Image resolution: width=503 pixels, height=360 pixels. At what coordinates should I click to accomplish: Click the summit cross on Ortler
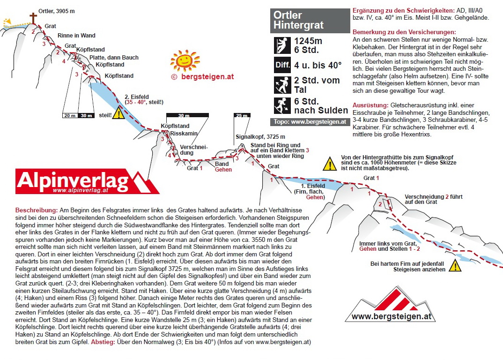[x=33, y=18]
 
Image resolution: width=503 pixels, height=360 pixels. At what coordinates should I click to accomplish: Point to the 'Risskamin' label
[x=180, y=133]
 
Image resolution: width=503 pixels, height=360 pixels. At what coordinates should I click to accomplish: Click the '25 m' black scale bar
[x=242, y=115]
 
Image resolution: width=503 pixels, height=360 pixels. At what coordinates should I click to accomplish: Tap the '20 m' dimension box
[x=70, y=115]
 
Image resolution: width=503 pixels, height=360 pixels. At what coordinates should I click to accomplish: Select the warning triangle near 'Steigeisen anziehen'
[x=454, y=266]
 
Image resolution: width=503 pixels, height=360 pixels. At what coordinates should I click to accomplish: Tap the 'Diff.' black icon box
[x=282, y=65]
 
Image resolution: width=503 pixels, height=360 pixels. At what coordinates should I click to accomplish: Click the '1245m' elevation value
[x=308, y=41]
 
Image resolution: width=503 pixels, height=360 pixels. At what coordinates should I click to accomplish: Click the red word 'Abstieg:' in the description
[x=102, y=342]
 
